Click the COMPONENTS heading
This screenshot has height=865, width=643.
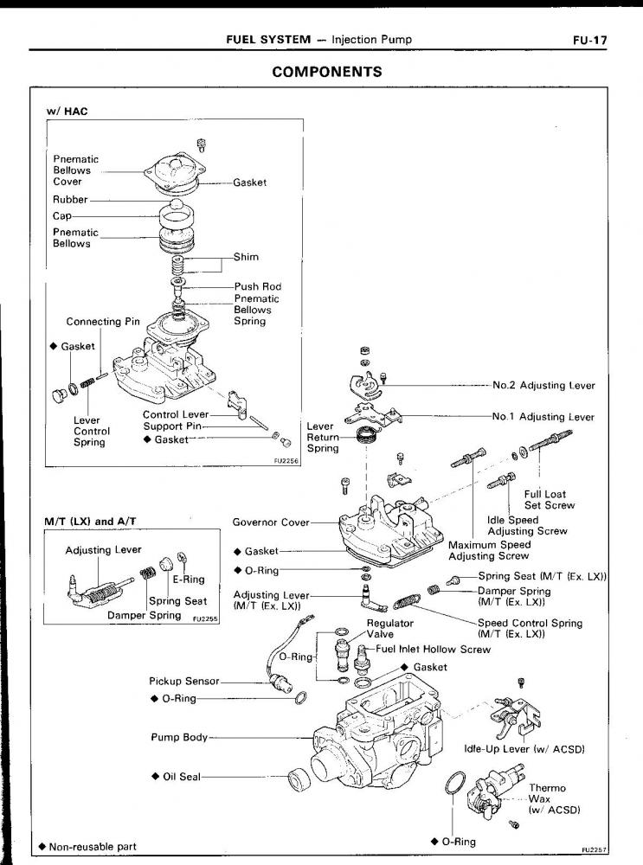(327, 72)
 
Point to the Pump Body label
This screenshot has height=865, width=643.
(180, 737)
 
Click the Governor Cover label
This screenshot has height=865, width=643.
(271, 522)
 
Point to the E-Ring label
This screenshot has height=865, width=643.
(188, 580)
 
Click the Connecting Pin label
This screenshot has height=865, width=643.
(103, 322)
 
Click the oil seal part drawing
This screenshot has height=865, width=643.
(300, 779)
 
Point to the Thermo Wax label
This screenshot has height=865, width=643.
(547, 799)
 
